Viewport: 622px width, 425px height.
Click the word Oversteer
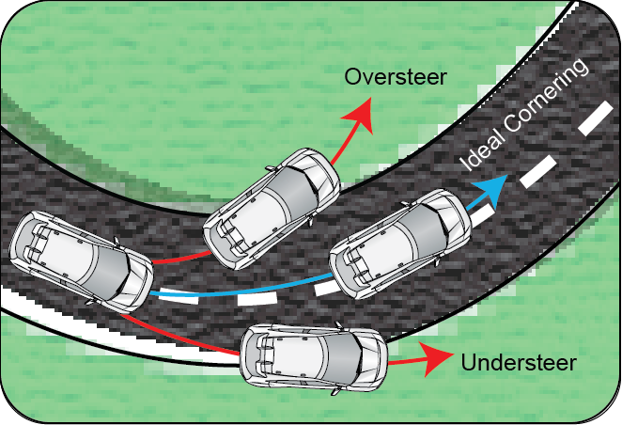(x=396, y=76)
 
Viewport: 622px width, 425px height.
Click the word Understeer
(x=519, y=363)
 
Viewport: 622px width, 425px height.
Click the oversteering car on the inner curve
(x=272, y=209)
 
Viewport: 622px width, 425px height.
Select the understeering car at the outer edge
(x=314, y=359)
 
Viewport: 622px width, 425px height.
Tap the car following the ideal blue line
(x=400, y=244)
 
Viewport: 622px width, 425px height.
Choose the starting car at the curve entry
(x=81, y=261)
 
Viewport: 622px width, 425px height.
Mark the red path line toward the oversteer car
(x=181, y=258)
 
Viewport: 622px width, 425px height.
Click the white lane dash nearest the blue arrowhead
(x=484, y=216)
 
